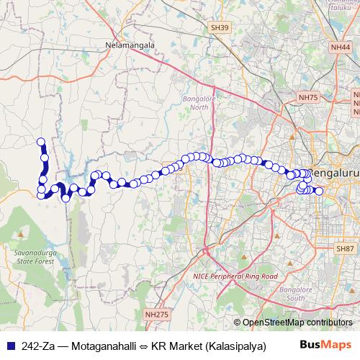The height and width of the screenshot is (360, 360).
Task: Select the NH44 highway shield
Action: pyautogui.click(x=341, y=47)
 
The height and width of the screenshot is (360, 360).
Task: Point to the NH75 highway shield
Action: pyautogui.click(x=307, y=96)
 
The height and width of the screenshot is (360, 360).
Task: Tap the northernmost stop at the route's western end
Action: pyautogui.click(x=41, y=143)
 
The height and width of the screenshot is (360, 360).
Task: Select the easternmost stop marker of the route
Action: pyautogui.click(x=319, y=191)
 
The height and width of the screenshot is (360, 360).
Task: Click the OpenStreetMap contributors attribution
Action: pyautogui.click(x=297, y=323)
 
